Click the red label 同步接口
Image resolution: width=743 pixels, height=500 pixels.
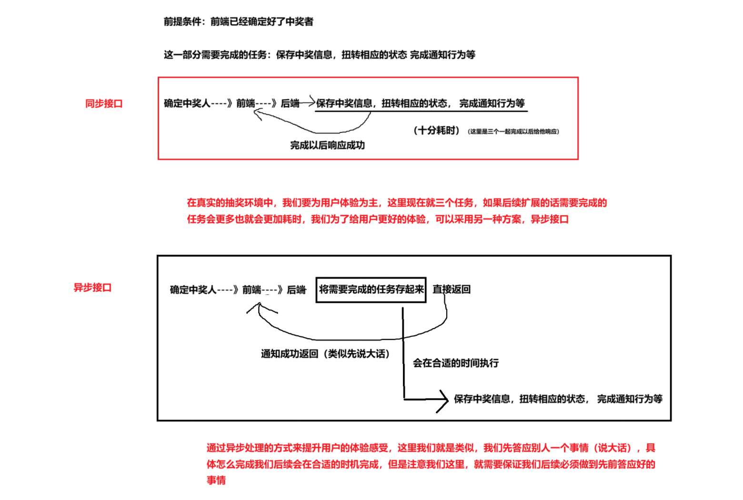(104, 103)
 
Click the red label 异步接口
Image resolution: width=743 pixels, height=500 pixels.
(92, 288)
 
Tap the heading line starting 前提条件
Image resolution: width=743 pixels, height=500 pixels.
(238, 21)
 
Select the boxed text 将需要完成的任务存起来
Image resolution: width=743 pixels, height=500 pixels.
(371, 290)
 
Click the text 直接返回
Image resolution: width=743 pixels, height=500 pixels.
(451, 290)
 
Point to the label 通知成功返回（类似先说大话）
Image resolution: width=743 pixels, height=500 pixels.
(325, 354)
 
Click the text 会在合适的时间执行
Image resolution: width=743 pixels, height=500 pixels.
(455, 363)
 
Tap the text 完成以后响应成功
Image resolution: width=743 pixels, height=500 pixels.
(327, 145)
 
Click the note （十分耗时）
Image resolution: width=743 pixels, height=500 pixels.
(436, 130)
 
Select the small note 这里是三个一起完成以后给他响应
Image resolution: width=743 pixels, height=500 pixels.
(513, 131)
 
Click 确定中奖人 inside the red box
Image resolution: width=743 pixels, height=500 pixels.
(187, 103)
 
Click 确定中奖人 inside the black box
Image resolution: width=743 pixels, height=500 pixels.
(193, 290)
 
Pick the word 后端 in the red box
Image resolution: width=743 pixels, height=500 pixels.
(290, 103)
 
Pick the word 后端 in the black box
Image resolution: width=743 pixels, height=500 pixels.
(296, 290)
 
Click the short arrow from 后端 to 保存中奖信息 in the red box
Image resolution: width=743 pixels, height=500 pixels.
(308, 101)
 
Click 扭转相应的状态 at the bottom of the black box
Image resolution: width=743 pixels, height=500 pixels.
(552, 399)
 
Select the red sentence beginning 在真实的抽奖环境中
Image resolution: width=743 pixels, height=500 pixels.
(396, 203)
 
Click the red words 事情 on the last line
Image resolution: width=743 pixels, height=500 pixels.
(216, 480)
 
